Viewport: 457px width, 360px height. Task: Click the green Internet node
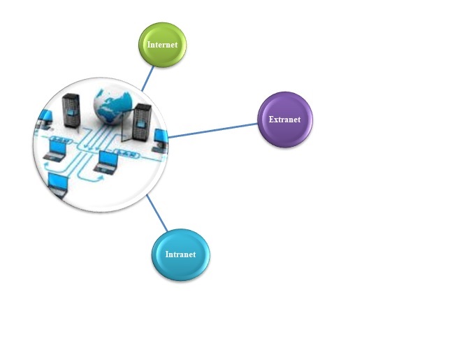tap(162, 45)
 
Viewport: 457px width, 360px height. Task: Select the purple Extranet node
tap(284, 120)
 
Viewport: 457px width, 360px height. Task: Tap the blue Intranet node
tap(180, 254)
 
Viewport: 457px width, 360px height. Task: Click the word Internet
tap(162, 45)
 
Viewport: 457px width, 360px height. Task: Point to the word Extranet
tap(284, 120)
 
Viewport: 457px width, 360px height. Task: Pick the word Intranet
tap(180, 254)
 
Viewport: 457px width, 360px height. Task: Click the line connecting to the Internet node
tap(147, 78)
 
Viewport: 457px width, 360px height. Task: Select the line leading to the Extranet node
tap(213, 130)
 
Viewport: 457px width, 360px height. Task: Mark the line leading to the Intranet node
tap(157, 213)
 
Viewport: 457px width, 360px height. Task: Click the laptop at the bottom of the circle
tap(57, 185)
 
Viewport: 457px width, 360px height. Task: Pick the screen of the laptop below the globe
tap(108, 159)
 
